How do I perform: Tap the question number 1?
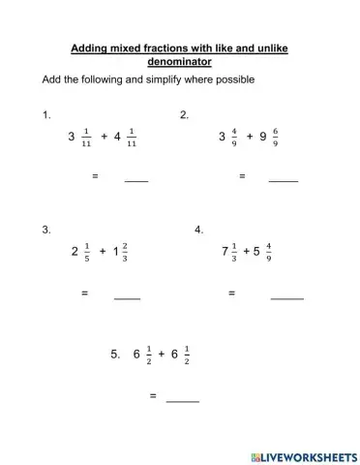[x=46, y=115]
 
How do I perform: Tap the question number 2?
[x=184, y=115]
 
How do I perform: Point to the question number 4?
[x=198, y=230]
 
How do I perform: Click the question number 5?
[x=115, y=355]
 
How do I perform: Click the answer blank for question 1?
[x=136, y=178]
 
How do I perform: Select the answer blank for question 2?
[x=283, y=178]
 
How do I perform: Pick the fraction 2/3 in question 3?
[x=126, y=251]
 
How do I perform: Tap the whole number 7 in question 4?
[x=225, y=251]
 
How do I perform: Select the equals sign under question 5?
[x=153, y=396]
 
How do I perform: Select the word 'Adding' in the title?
[x=90, y=46]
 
